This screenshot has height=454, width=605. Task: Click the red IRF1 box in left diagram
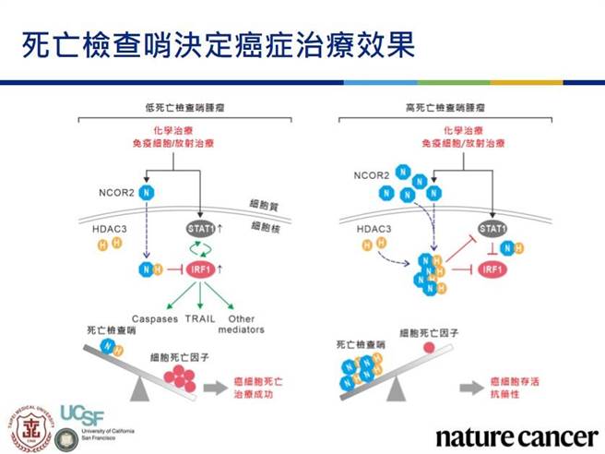(200, 269)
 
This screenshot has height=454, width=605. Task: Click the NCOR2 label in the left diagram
(115, 194)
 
